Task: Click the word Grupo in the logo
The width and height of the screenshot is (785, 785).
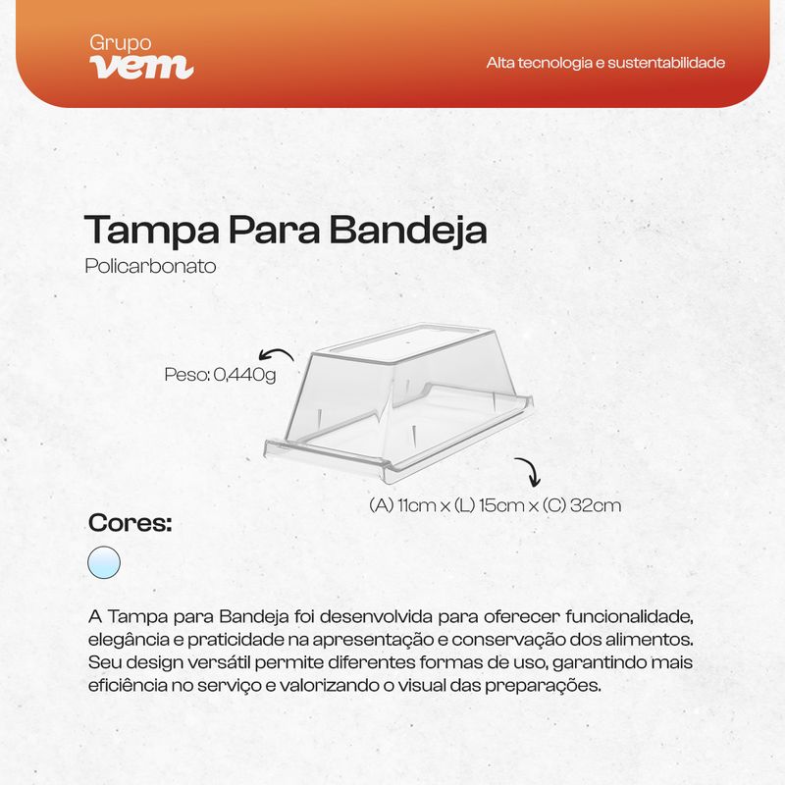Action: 120,43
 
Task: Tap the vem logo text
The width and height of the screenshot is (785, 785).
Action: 141,66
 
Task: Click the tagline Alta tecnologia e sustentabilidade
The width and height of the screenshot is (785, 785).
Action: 605,63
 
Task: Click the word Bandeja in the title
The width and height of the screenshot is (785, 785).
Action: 407,231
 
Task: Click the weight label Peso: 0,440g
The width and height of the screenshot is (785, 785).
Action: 220,374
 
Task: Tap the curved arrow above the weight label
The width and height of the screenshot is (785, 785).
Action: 276,355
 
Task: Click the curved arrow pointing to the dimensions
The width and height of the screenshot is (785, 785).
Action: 529,472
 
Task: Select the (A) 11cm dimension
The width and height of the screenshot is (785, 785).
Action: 402,506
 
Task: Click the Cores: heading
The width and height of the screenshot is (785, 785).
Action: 130,523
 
